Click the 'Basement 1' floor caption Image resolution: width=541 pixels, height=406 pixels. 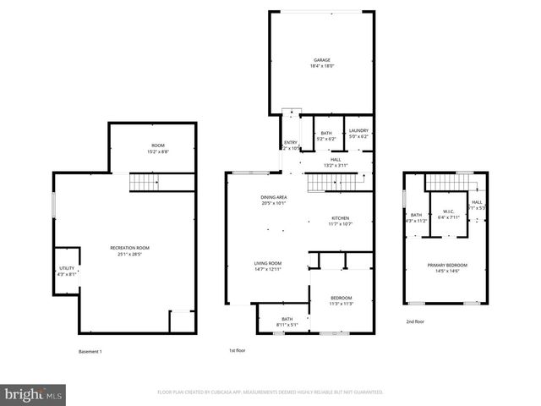click(x=90, y=350)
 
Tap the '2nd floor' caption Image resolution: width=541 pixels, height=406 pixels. click(x=415, y=321)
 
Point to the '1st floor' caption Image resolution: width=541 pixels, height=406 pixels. click(x=237, y=350)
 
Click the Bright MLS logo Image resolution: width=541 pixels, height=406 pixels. click(x=34, y=394)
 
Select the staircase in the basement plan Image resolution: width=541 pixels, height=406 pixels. click(x=144, y=182)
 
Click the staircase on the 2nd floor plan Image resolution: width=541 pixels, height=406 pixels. click(x=447, y=181)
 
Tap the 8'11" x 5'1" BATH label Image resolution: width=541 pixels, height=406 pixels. click(x=287, y=321)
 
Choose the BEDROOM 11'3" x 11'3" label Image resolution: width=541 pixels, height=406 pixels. click(x=341, y=300)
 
